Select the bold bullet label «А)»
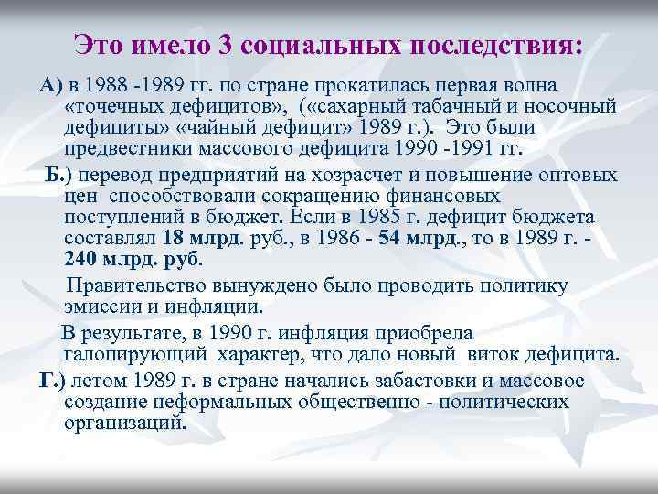point(49,86)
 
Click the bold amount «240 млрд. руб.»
point(134,261)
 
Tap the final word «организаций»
point(124,424)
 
